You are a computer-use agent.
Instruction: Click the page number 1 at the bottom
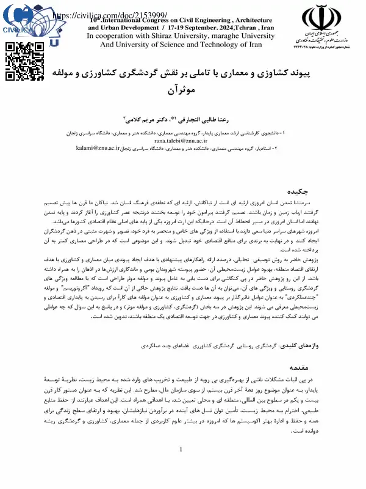(x=181, y=468)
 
